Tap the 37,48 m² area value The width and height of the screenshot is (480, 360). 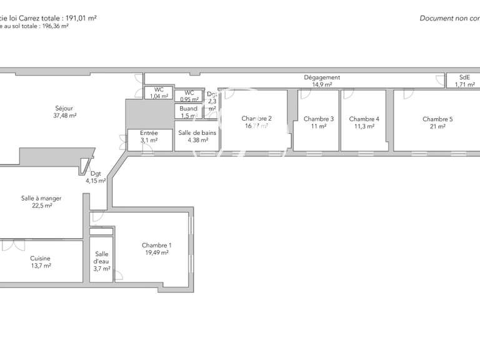click(64, 116)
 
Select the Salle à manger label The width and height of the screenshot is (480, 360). click(41, 198)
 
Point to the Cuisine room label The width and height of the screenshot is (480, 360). click(40, 258)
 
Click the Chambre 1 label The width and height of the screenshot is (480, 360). click(156, 245)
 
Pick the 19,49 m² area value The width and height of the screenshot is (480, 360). click(156, 253)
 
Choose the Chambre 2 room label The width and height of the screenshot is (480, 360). click(256, 118)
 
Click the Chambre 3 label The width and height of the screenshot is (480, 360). click(319, 119)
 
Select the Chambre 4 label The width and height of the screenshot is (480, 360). click(364, 119)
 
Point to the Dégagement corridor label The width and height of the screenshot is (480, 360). click(322, 77)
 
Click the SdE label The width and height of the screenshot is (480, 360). click(465, 77)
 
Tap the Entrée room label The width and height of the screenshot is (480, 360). click(149, 132)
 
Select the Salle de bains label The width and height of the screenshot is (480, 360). click(197, 132)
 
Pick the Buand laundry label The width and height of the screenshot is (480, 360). click(189, 108)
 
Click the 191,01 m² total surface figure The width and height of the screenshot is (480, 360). click(76, 18)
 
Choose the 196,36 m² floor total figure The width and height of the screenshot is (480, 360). click(55, 26)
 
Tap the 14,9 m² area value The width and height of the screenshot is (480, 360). click(322, 84)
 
